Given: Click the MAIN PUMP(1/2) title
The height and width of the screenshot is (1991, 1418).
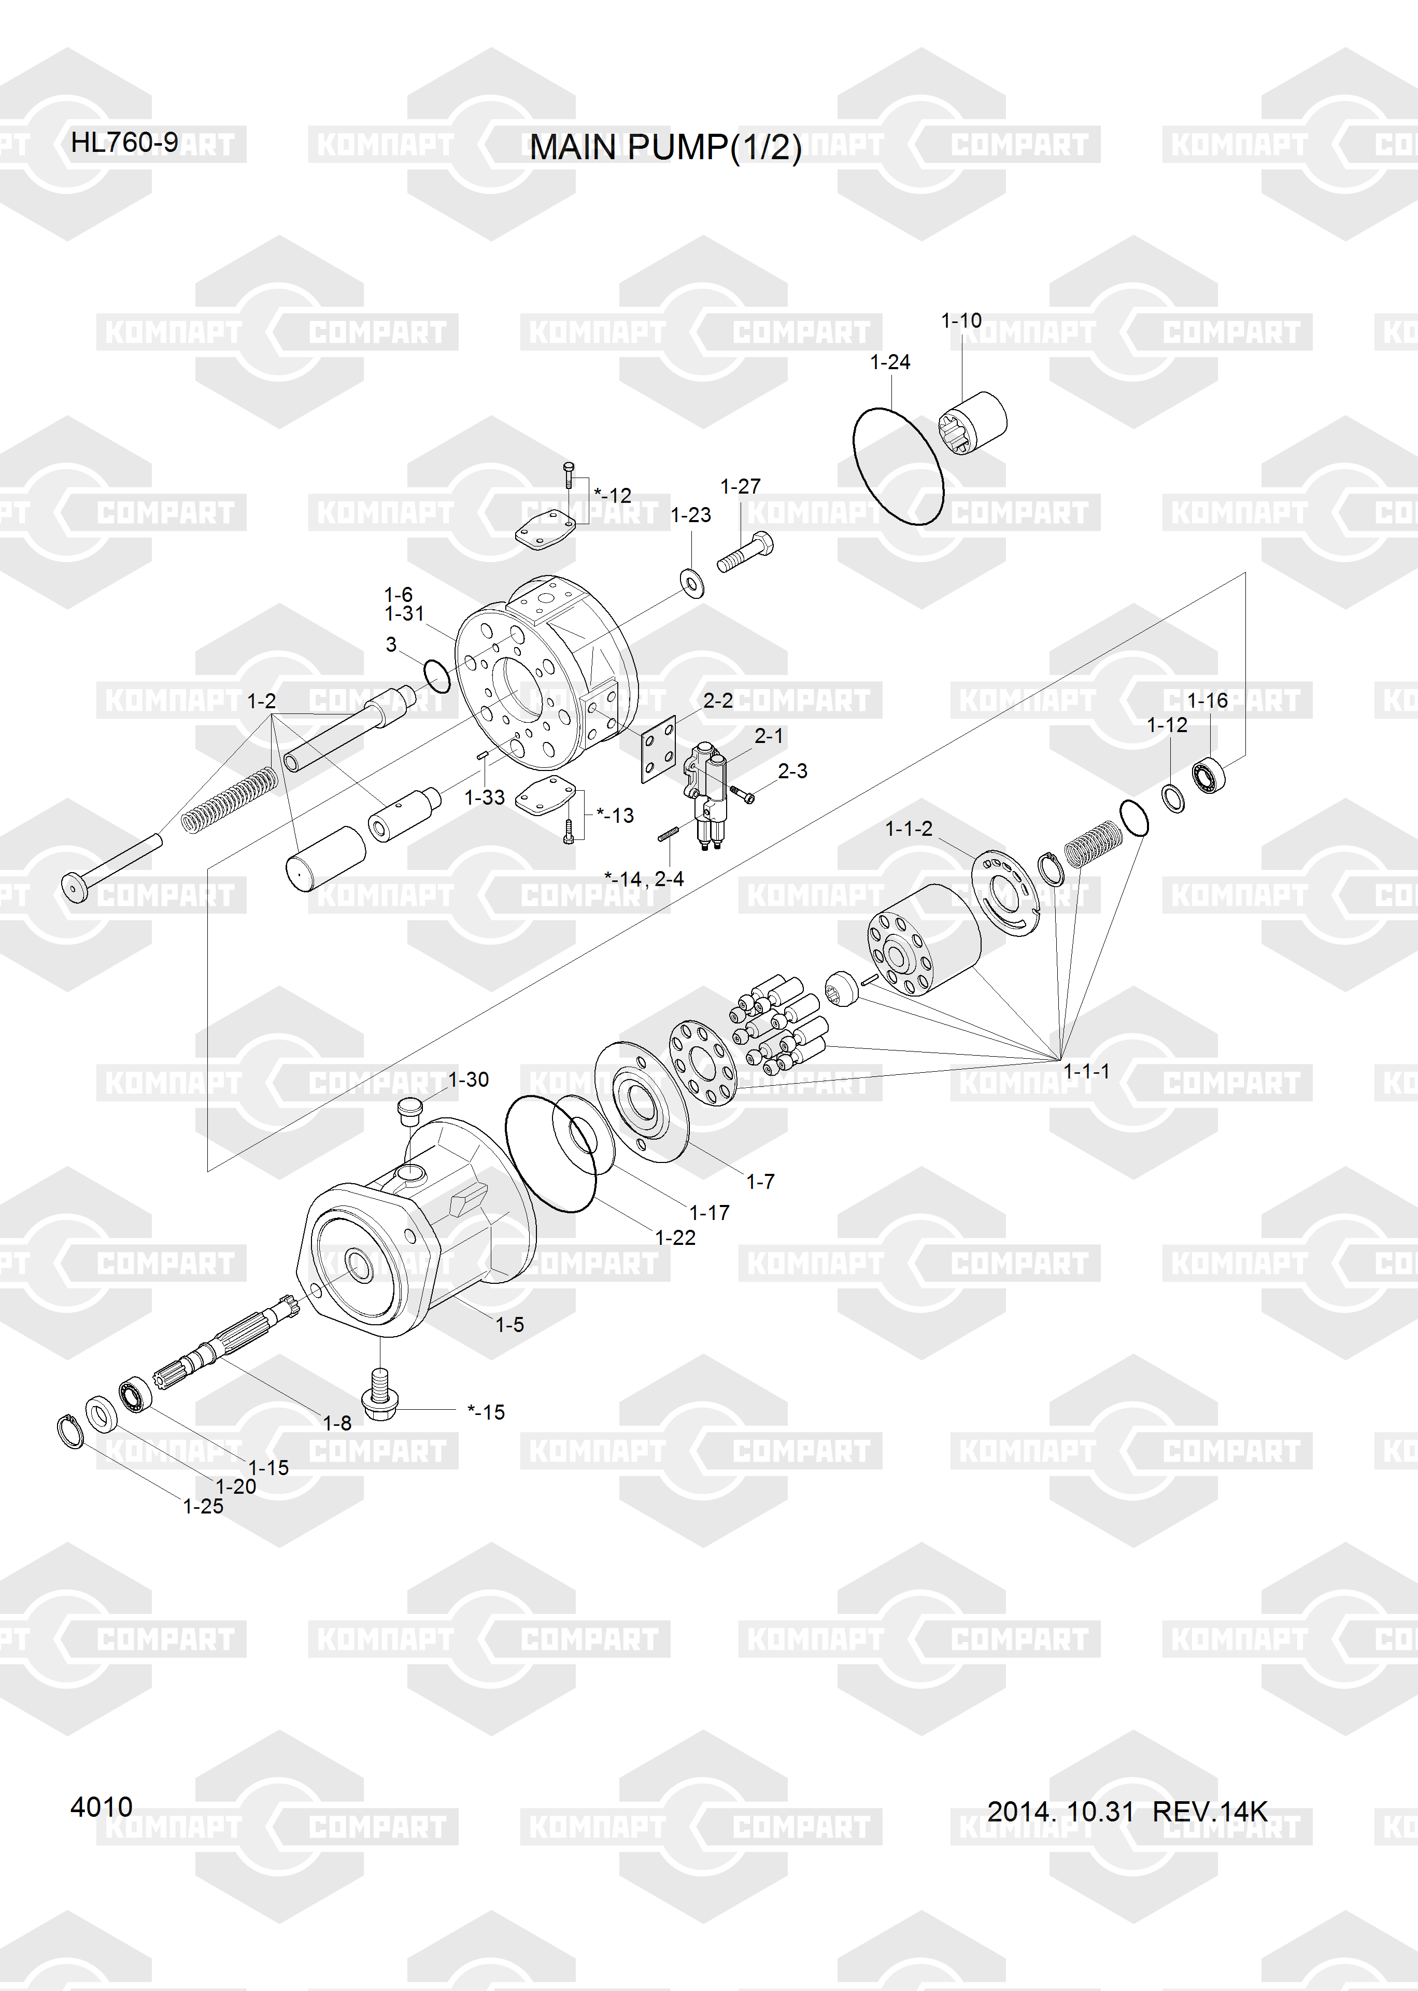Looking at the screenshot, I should coord(665,148).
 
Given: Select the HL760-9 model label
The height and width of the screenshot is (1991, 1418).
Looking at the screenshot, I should coord(124,143).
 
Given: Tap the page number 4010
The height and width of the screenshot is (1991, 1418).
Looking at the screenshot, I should coord(101,1807).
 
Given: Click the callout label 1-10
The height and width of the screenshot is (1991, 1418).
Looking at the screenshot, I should coord(960,320).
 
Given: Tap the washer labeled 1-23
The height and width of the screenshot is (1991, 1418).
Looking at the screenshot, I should coord(691,582).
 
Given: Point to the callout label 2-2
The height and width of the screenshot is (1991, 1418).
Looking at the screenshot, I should coord(718,700).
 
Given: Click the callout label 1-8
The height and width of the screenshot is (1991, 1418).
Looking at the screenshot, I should coord(337,1423).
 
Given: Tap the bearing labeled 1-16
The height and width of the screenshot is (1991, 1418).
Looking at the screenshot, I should coord(1209,775).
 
